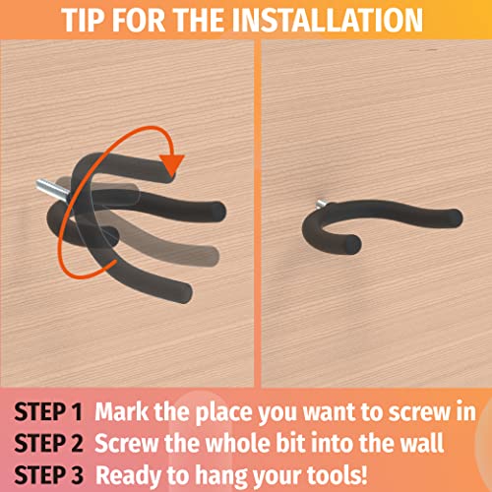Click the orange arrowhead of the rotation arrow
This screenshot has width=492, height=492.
click(x=172, y=164)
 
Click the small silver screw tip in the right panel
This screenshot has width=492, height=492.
click(x=321, y=204)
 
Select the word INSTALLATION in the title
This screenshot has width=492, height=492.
click(x=329, y=20)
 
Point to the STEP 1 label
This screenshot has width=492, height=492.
click(x=48, y=411)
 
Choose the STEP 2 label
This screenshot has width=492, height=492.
click(x=48, y=443)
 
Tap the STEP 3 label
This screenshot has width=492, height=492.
click(x=48, y=474)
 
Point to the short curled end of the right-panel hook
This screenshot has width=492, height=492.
click(x=351, y=244)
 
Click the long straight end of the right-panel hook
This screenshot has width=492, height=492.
click(x=453, y=217)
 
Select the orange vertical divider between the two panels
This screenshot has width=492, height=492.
click(x=258, y=214)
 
